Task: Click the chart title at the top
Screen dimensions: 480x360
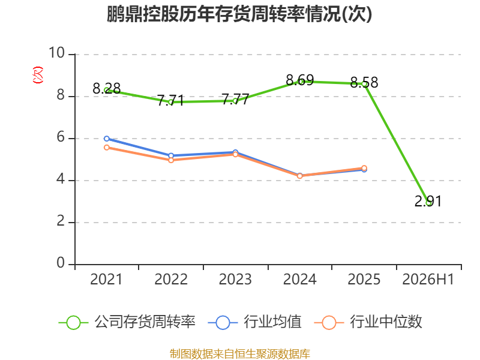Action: [x=239, y=14]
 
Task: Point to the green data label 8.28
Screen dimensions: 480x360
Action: [x=107, y=89]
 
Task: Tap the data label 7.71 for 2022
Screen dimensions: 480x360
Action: [x=171, y=100]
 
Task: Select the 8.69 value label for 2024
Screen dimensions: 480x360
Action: [x=299, y=80]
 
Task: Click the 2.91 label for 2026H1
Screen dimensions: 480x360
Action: [x=428, y=201]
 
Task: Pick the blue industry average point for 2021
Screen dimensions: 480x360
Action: [x=107, y=139]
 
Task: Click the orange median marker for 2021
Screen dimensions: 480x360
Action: [x=107, y=148]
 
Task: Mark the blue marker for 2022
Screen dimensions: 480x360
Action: [x=171, y=155]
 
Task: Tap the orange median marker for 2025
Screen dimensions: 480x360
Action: [x=364, y=168]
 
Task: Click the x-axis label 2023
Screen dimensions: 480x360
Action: [x=235, y=280]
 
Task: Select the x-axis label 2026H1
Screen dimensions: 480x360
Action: [x=428, y=280]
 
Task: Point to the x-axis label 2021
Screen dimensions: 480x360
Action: [x=106, y=280]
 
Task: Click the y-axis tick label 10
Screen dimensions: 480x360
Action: [x=57, y=53]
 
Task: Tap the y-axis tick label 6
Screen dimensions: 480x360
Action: [x=61, y=137]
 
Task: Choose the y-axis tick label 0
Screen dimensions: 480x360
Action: [x=61, y=263]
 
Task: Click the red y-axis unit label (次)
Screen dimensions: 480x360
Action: [x=38, y=75]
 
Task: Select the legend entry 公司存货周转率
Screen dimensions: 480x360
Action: [x=127, y=322]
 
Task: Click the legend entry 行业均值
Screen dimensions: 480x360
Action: [x=254, y=322]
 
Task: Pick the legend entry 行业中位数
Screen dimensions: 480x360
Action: [x=368, y=322]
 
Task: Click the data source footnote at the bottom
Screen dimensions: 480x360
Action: [x=239, y=354]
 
